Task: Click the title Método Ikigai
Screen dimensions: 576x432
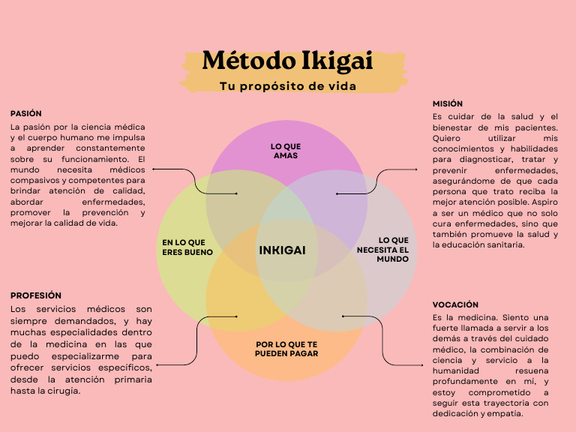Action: tap(287, 60)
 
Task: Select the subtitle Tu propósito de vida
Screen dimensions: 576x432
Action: tap(287, 85)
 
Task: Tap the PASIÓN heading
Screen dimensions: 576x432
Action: tap(26, 113)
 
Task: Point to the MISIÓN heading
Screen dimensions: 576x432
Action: tap(448, 103)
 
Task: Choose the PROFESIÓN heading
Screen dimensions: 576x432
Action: tap(36, 295)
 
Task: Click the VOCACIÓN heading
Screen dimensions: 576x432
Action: tap(455, 304)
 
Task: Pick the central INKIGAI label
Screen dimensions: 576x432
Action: tap(282, 250)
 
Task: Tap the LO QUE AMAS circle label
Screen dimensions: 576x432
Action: tap(285, 151)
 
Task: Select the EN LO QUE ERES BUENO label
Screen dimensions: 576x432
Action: tap(187, 247)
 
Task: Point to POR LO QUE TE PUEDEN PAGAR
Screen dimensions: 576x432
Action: tap(286, 349)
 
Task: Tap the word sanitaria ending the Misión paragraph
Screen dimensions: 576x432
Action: tap(502, 244)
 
